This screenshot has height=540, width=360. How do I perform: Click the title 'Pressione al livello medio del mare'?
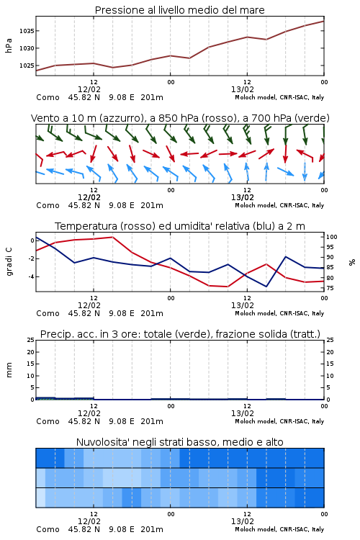pos(180,10)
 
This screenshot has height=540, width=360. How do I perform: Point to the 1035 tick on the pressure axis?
pos(27,31)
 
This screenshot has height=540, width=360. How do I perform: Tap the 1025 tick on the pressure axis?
pos(27,66)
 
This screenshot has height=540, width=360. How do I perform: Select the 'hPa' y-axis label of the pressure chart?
pos(9,45)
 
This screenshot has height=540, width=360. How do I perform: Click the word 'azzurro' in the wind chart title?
pos(120,118)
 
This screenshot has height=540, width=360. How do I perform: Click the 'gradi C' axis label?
pos(9,262)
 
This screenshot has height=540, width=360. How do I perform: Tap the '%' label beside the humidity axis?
pos(352,262)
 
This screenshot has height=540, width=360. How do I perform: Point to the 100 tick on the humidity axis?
pos(332,237)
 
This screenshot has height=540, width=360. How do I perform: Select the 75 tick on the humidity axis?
pos(330,288)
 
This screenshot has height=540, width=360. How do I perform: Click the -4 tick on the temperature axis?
pos(31,276)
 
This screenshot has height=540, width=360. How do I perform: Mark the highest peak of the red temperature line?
pos(112,237)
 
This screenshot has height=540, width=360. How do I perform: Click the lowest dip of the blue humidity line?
pos(266,287)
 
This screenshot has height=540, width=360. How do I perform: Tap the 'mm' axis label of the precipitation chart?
pos(9,370)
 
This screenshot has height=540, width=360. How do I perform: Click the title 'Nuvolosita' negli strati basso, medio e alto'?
pos(180,442)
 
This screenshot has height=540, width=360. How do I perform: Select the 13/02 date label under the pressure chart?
pos(243,89)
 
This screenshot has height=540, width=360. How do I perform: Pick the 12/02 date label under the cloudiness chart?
pos(89,521)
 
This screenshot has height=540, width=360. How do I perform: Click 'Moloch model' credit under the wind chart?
pos(256,205)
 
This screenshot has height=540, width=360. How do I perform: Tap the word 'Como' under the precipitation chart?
pos(48,421)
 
